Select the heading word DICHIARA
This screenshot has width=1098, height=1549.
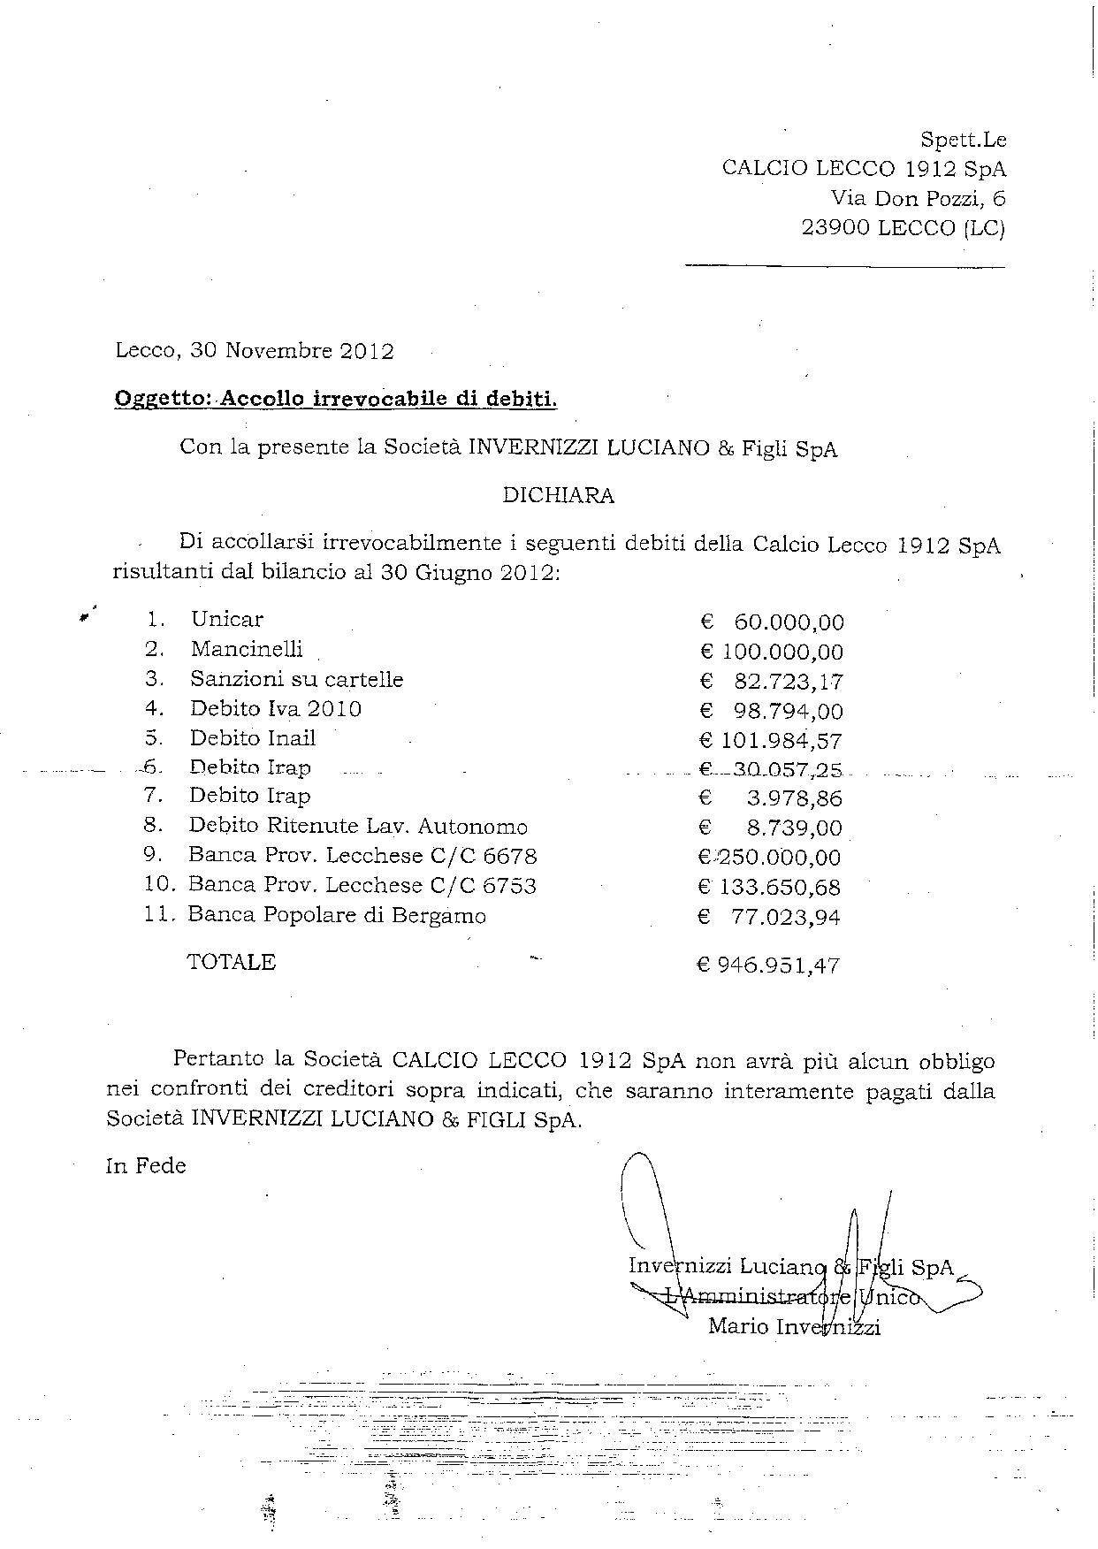tap(558, 495)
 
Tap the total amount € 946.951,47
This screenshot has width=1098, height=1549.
tap(768, 965)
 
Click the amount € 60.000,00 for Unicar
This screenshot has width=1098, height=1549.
tap(772, 622)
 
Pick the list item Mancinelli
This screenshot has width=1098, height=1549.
tap(247, 650)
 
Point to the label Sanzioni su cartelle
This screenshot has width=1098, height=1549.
tap(296, 680)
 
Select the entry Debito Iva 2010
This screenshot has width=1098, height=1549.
tap(275, 709)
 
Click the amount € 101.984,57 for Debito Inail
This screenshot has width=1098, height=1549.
tap(771, 740)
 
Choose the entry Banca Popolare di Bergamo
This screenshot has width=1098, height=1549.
tap(337, 915)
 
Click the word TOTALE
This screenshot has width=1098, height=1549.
tap(232, 962)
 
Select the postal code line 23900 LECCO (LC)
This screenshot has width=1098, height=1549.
tap(903, 228)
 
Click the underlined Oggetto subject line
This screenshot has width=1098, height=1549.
tap(336, 399)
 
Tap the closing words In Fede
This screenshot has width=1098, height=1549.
tap(146, 1166)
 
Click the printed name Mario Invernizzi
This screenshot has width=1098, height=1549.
tap(794, 1327)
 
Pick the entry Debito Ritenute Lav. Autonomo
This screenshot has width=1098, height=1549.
tap(358, 827)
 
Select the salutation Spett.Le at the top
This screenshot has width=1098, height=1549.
tap(964, 140)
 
